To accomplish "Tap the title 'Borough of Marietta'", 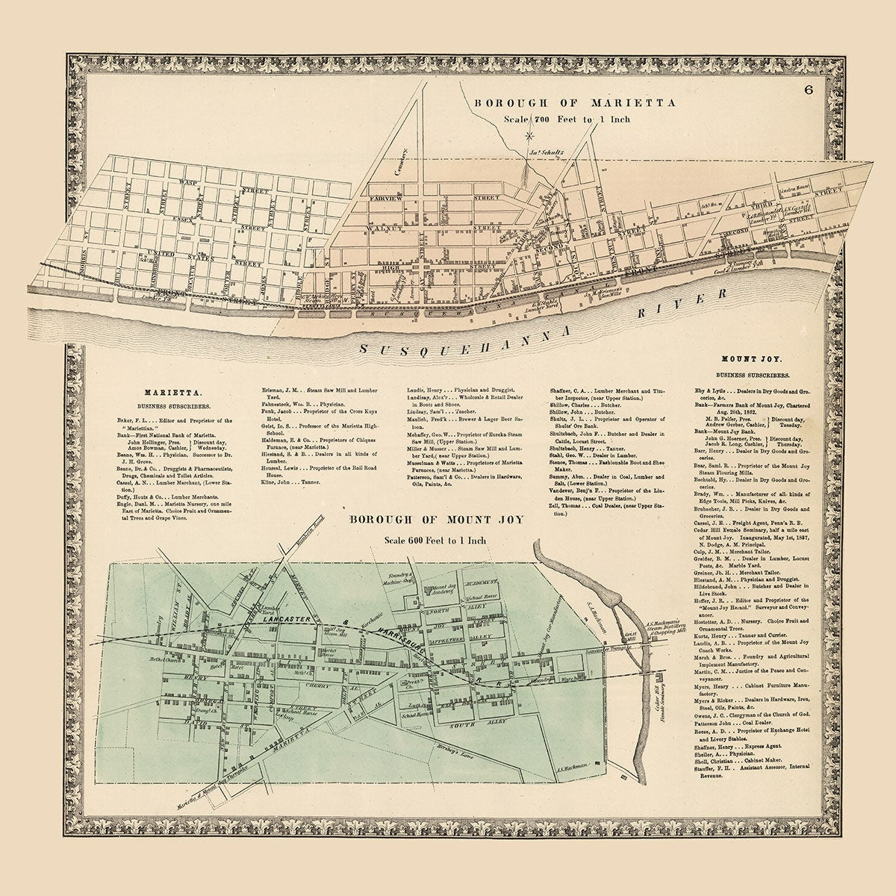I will click(574, 103).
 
